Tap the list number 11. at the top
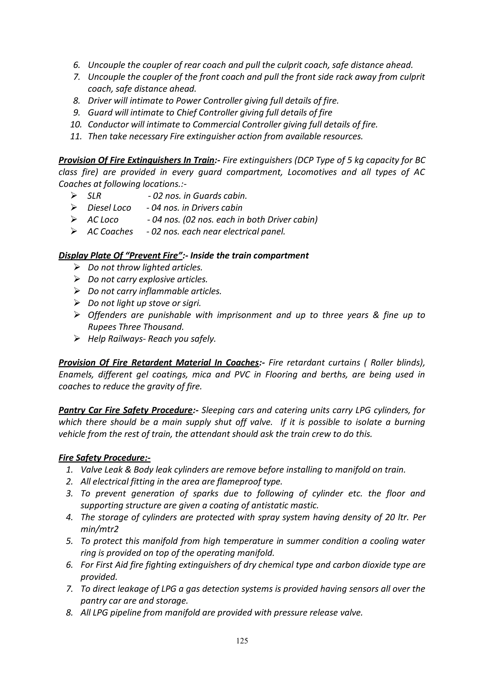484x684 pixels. (x=76, y=137)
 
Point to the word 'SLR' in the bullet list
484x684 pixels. (x=94, y=196)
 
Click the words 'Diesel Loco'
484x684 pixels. (x=109, y=208)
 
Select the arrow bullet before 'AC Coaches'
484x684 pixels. (x=74, y=231)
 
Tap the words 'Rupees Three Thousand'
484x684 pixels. (x=135, y=327)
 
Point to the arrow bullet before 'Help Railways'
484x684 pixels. (x=77, y=339)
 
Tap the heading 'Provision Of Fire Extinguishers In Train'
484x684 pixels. (x=136, y=160)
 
